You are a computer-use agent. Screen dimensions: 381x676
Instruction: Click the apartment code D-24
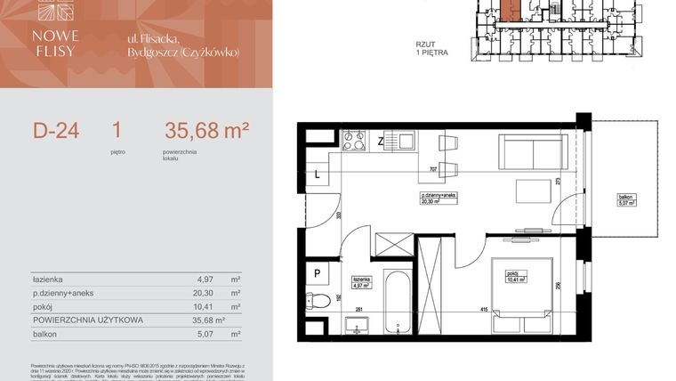click(56, 131)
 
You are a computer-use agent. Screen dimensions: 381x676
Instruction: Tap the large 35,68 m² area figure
click(206, 131)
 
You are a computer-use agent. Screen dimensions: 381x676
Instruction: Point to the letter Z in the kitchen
click(380, 141)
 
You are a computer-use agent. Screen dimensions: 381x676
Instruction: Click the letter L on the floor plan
click(318, 175)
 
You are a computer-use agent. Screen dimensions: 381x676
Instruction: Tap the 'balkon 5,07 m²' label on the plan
click(626, 200)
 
